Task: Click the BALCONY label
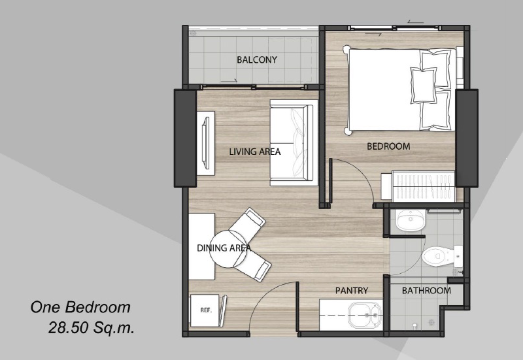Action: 257,59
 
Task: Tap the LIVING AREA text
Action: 255,152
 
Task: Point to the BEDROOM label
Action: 388,146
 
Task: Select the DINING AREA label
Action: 224,248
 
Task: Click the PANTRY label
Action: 352,291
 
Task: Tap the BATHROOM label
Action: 426,291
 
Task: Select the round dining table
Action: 228,249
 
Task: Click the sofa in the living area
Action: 292,142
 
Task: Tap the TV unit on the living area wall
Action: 205,143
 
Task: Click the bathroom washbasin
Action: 411,220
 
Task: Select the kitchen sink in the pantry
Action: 365,315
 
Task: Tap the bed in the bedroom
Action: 400,90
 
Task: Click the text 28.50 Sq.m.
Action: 92,328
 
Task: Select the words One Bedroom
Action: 80,307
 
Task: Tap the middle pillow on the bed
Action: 424,85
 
